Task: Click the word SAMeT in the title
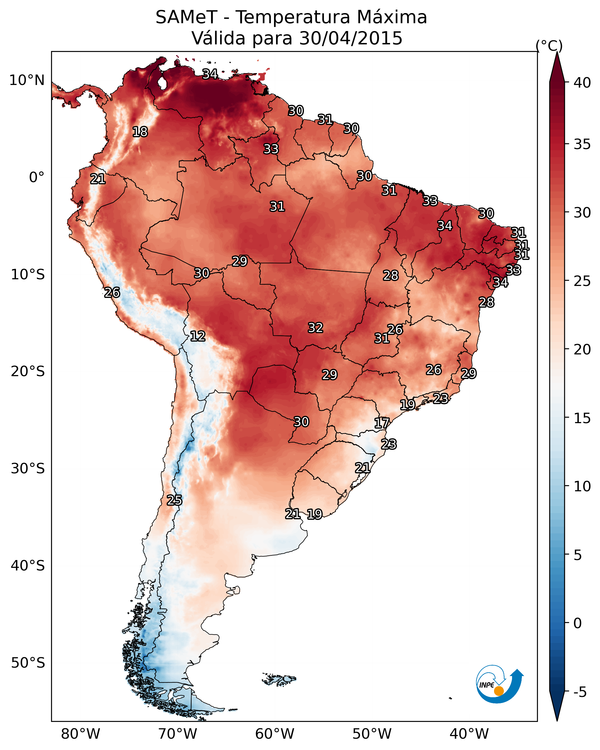pos(186,17)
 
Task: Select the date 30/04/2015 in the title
pos(351,38)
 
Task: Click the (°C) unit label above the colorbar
pos(549,46)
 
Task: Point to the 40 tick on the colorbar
pos(582,83)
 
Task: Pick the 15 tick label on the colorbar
pos(582,418)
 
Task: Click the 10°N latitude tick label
pos(27,80)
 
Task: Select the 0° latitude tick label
pos(37,177)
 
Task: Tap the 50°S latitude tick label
pos(28,663)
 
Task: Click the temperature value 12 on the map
pos(198,336)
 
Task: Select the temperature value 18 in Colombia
pos(140,132)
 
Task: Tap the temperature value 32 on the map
pos(316,328)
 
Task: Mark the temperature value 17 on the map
pos(382,423)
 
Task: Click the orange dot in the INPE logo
pos(499,691)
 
